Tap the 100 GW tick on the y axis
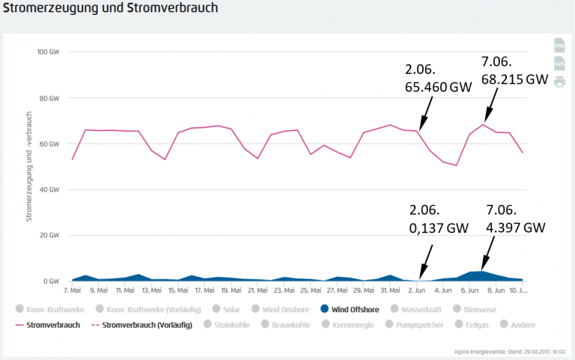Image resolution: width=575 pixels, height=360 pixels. (48, 52)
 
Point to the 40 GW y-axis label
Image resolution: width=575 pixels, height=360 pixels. (49, 190)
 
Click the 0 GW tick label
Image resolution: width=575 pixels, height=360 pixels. (51, 281)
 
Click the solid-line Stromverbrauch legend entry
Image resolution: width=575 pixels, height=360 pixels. (51, 325)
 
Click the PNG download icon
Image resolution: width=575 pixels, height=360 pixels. (559, 46)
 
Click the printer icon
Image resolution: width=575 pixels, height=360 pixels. (559, 82)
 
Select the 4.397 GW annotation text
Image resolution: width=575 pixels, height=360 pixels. (514, 228)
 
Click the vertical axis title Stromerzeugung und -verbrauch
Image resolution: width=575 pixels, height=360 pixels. (29, 166)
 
